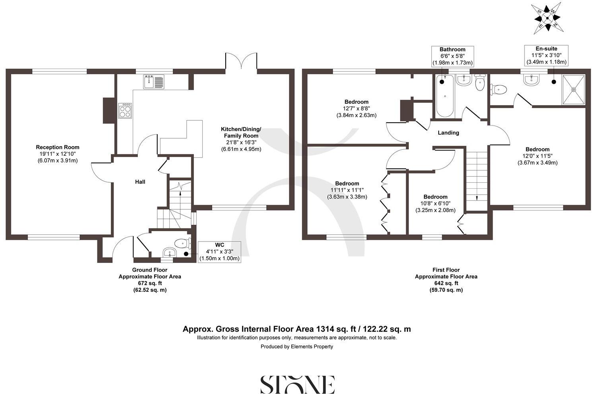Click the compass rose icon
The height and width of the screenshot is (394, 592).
click(x=547, y=18)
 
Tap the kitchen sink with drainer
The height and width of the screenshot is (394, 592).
click(x=153, y=82)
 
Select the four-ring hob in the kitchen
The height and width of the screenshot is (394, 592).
click(x=125, y=110)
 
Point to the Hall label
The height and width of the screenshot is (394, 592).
click(x=140, y=182)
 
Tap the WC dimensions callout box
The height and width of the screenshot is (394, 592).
click(x=219, y=251)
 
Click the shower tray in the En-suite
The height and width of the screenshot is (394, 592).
click(x=573, y=90)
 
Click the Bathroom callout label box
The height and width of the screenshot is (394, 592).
click(x=453, y=56)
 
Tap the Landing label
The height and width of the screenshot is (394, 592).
click(x=448, y=133)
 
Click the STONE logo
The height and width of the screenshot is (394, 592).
click(x=297, y=384)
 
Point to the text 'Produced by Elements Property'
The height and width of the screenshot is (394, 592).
click(x=296, y=346)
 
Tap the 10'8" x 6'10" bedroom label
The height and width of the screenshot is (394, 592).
click(x=435, y=203)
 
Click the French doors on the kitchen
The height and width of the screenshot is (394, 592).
click(x=242, y=62)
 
